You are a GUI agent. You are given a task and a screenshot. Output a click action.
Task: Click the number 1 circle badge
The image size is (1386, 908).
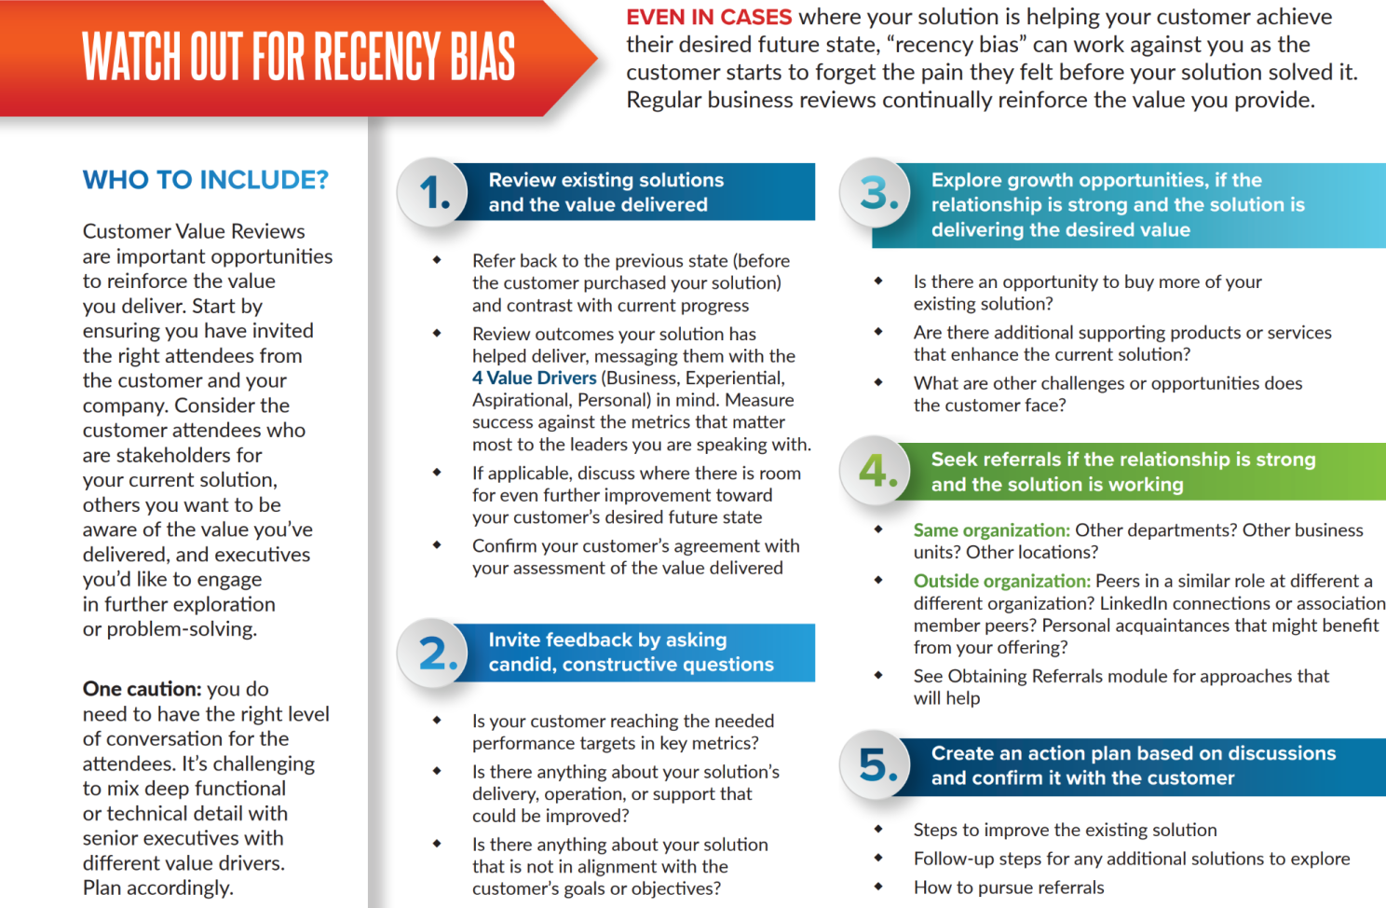433,192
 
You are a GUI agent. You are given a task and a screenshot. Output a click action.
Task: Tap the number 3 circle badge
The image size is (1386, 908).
876,192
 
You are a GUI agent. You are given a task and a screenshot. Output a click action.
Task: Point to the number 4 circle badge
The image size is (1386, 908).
876,471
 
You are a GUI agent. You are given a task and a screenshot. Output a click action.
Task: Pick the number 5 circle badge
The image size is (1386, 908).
876,764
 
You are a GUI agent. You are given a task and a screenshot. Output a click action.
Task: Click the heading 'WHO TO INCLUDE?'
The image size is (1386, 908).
205,180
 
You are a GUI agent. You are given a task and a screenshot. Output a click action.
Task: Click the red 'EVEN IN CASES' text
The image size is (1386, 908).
709,17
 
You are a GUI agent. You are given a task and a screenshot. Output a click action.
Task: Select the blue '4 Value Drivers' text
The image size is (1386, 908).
534,378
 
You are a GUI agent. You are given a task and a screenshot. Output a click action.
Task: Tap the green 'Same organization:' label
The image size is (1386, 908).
991,530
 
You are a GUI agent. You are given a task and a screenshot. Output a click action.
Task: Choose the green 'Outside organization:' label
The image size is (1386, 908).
1001,582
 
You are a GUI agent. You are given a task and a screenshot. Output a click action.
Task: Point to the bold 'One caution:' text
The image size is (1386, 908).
142,689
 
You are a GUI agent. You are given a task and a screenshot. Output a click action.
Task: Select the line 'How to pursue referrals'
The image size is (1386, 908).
1009,887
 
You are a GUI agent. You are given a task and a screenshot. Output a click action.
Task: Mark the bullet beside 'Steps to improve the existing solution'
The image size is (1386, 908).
878,829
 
